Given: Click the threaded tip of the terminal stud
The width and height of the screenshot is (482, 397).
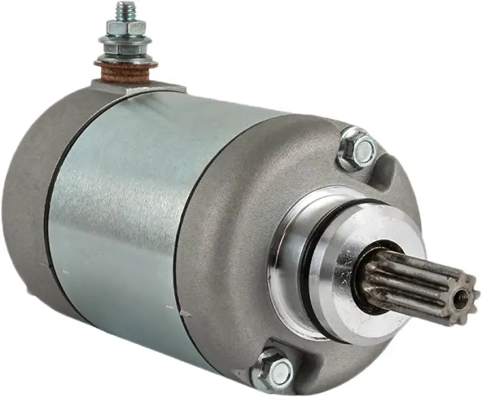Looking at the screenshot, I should pyautogui.click(x=126, y=9).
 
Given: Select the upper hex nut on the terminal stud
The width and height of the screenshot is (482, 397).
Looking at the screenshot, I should pyautogui.click(x=126, y=27).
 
